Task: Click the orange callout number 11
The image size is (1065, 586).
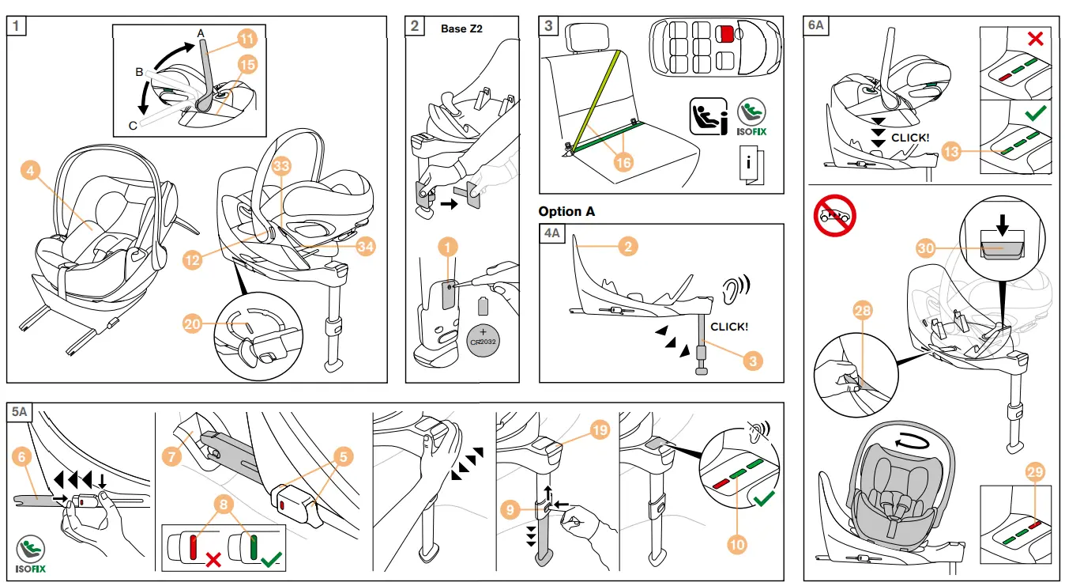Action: click(247, 38)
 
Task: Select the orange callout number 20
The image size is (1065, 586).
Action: click(193, 324)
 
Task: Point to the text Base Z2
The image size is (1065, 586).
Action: click(461, 28)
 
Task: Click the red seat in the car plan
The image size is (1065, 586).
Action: click(724, 34)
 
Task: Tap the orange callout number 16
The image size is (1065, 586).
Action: click(624, 162)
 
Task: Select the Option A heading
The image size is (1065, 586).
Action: click(566, 212)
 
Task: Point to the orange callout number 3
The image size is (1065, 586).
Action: click(754, 361)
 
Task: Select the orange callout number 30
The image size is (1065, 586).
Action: click(927, 248)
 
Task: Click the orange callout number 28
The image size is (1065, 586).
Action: click(862, 311)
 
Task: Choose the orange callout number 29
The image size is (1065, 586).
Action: click(1035, 472)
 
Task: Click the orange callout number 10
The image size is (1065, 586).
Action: click(738, 543)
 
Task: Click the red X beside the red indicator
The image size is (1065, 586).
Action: click(213, 560)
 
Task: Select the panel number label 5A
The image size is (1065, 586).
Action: click(21, 412)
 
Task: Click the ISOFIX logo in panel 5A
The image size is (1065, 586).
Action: click(31, 554)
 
